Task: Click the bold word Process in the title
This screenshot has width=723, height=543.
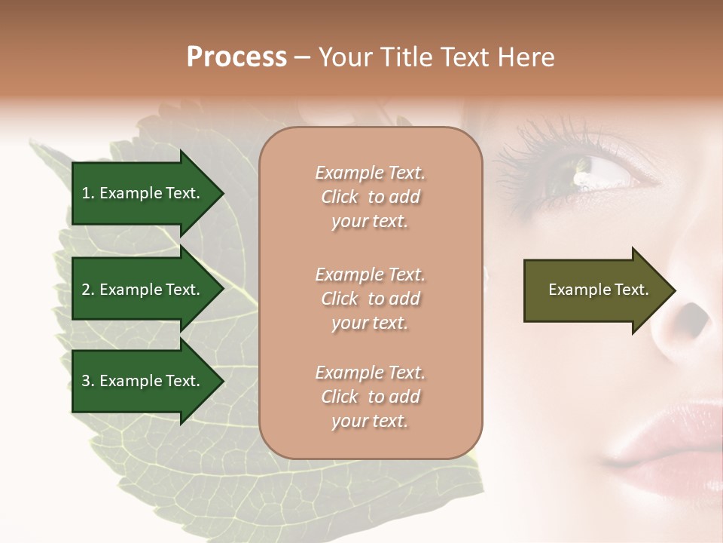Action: pos(236,57)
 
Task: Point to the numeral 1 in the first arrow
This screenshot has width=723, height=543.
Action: pos(85,193)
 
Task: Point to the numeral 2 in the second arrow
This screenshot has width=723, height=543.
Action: pos(86,290)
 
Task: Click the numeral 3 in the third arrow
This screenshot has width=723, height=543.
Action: pos(86,381)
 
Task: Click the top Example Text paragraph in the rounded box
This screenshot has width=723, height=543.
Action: pos(371,197)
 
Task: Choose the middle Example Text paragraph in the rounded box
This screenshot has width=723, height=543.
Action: pos(371,299)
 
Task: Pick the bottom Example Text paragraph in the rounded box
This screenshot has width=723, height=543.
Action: pos(371,397)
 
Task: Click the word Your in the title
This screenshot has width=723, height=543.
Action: pos(345,57)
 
